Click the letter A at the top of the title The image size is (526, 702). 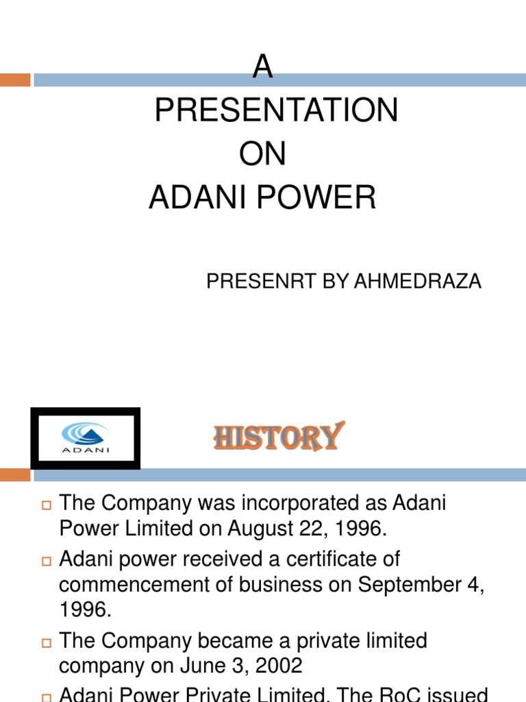pyautogui.click(x=263, y=67)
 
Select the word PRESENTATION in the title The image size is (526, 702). pyautogui.click(x=276, y=110)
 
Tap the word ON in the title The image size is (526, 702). pyautogui.click(x=262, y=154)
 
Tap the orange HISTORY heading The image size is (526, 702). pyautogui.click(x=278, y=437)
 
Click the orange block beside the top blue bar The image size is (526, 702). pyautogui.click(x=15, y=80)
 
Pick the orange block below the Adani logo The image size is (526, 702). pyautogui.click(x=15, y=474)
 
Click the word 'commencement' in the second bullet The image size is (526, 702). pyautogui.click(x=136, y=584)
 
